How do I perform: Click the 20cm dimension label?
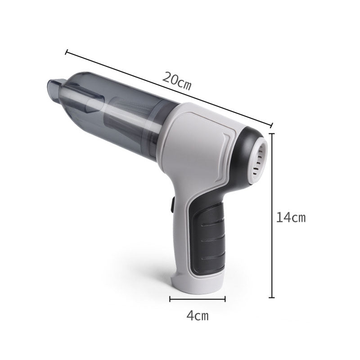[177, 81]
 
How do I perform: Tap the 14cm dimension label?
[291, 218]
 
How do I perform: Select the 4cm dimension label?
[198, 315]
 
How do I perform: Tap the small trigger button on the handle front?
[171, 206]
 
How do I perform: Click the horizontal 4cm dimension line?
[198, 298]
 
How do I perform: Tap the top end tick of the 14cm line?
[271, 134]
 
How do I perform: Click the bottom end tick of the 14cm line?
[271, 297]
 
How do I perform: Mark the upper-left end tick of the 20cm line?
[67, 52]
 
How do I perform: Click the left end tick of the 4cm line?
[170, 298]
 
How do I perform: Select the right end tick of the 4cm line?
[225, 298]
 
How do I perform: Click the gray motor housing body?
[198, 148]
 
